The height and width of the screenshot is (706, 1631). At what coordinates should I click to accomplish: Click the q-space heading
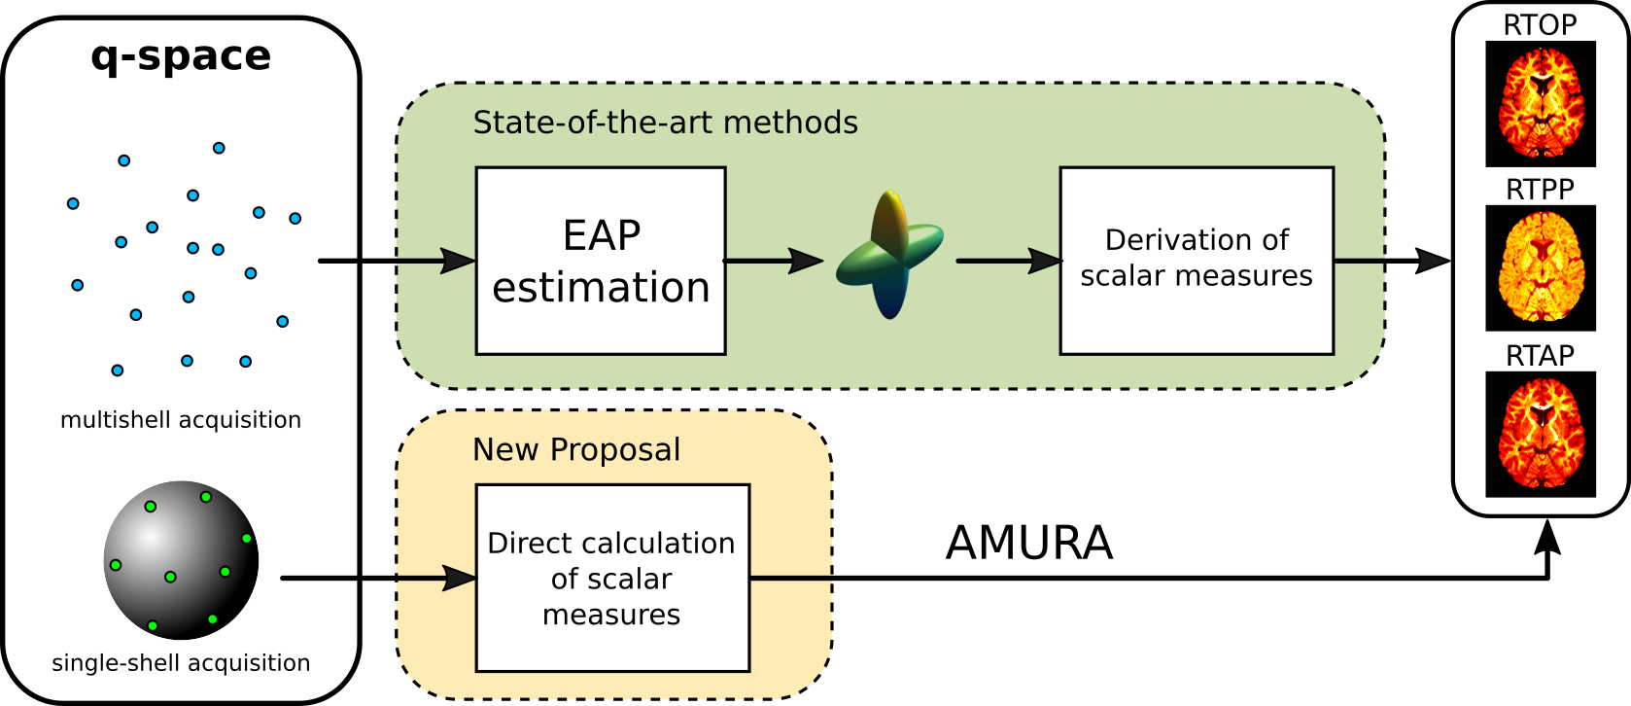point(181,56)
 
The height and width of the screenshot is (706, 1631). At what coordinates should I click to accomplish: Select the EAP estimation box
point(601,261)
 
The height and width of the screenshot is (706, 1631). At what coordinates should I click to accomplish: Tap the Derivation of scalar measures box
point(1197,261)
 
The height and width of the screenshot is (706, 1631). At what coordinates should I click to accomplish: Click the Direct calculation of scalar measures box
point(612,578)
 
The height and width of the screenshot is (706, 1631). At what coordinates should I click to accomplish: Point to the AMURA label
point(1028,543)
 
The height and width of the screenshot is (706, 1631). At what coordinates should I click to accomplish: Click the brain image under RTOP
point(1541,104)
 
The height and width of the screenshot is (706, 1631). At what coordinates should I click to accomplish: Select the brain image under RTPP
point(1541,268)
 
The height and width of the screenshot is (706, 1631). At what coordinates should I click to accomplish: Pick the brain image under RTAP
point(1541,435)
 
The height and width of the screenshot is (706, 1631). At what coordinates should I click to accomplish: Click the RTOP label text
point(1540,24)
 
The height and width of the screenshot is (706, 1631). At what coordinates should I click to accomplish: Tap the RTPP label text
point(1540,190)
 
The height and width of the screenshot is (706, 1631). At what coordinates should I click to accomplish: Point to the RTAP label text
point(1540,356)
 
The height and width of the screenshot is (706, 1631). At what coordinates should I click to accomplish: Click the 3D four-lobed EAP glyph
point(889,255)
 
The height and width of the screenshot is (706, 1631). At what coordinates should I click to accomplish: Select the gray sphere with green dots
point(181,559)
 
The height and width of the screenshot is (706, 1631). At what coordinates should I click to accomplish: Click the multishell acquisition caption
point(181,420)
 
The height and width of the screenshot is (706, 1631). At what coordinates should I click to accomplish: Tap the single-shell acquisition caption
point(181,663)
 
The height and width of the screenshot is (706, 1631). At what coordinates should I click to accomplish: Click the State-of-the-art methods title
point(666,123)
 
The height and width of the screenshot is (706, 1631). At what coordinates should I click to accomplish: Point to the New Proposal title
point(576,449)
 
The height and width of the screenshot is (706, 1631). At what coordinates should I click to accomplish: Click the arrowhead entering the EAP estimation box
point(459,261)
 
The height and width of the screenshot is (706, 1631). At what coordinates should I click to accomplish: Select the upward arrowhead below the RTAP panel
point(1548,538)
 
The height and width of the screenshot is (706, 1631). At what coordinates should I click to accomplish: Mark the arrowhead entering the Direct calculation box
point(459,579)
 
